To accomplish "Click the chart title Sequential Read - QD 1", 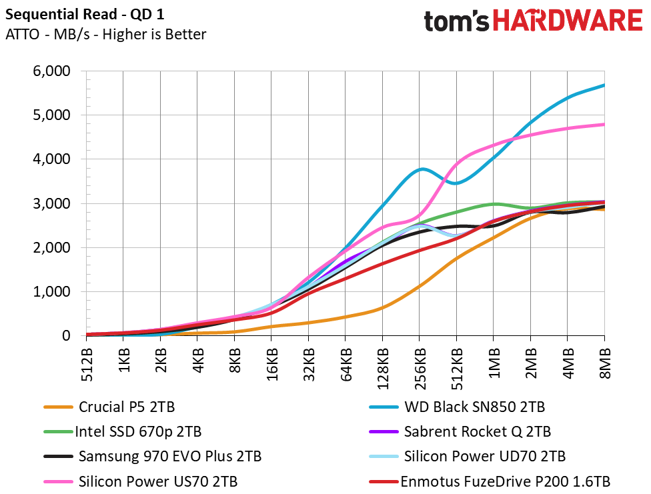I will (85, 15).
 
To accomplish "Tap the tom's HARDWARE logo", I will (533, 21).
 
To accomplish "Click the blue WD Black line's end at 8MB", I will (604, 85).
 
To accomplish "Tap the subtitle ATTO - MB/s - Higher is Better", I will (105, 35).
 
